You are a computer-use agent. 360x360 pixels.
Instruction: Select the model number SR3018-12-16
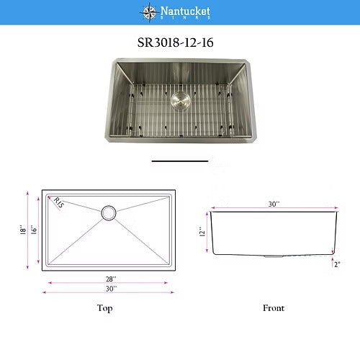175,42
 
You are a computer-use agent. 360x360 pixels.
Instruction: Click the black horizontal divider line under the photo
179,161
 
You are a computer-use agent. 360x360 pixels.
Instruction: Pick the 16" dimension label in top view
33,230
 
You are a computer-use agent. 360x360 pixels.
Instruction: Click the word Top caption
105,308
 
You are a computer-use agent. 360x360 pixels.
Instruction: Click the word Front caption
273,308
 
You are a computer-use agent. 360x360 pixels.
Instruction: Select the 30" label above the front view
273,204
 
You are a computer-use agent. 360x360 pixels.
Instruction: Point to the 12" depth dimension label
203,232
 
